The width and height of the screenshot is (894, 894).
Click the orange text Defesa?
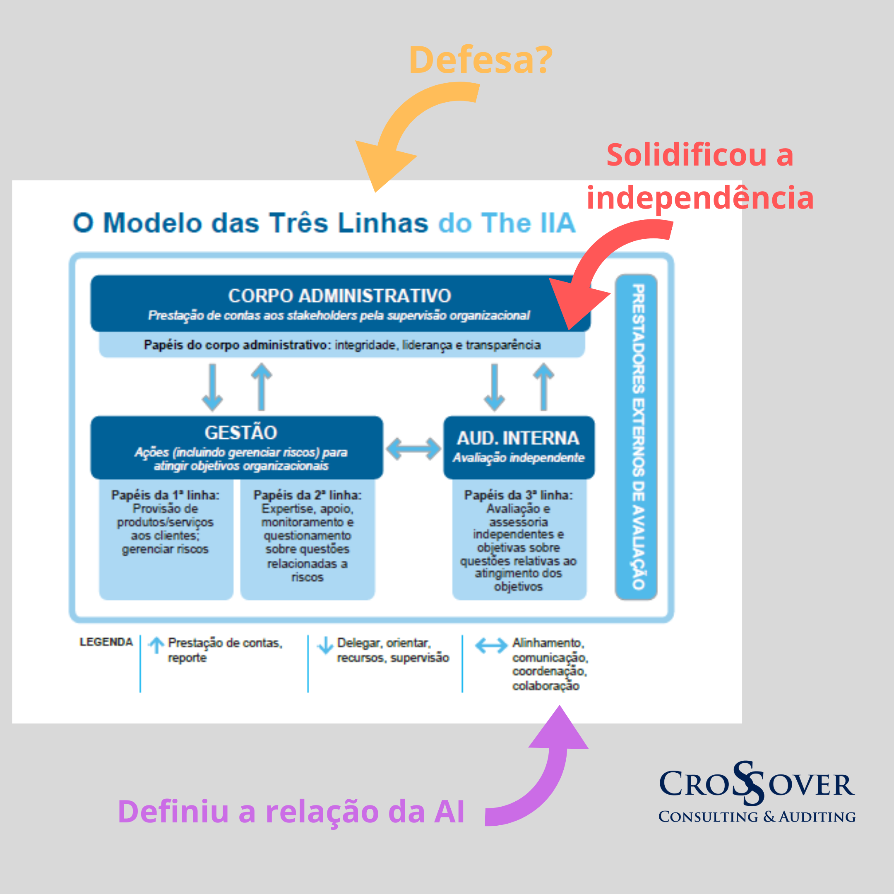click(x=480, y=60)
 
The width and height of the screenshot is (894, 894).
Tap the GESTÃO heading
click(x=240, y=433)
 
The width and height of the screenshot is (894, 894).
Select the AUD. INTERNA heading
click(x=518, y=438)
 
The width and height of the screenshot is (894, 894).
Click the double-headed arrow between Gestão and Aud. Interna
click(x=413, y=449)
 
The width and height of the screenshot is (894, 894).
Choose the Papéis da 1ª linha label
click(x=165, y=495)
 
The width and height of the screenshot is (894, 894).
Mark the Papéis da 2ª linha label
click(x=307, y=495)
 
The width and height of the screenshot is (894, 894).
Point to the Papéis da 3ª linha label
click(x=518, y=495)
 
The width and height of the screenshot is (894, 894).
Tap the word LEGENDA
click(x=106, y=642)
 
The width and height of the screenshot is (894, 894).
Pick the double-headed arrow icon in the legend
click(x=491, y=646)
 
